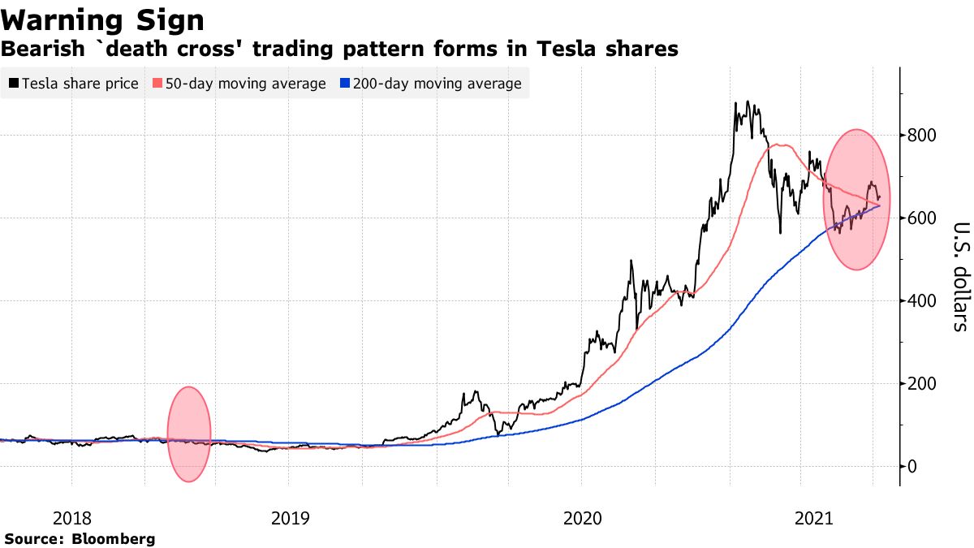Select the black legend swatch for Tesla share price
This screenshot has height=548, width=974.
(x=13, y=84)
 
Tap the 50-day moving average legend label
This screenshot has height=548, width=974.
(x=245, y=84)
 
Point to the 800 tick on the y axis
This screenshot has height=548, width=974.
(x=924, y=135)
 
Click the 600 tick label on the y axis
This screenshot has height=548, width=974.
(x=924, y=218)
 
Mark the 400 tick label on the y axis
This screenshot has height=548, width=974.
(x=924, y=300)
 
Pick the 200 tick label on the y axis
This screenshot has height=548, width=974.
(x=924, y=383)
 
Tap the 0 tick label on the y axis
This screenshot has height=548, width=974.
(x=913, y=466)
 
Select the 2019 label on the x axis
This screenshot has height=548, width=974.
(x=289, y=517)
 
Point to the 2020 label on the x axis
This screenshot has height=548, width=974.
(x=581, y=517)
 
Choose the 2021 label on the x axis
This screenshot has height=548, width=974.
(x=814, y=517)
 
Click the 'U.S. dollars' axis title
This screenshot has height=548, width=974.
(x=959, y=276)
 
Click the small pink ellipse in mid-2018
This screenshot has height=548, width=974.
(x=189, y=434)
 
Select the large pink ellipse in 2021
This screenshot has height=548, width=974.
(x=857, y=199)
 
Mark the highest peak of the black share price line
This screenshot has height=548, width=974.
(x=735, y=102)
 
